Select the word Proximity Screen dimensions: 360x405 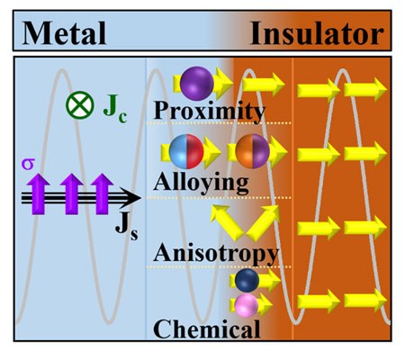pyautogui.click(x=210, y=111)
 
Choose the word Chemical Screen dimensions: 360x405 pyautogui.click(x=207, y=328)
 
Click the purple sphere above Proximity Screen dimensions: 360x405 pyautogui.click(x=195, y=83)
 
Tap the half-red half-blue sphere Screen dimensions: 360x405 pyautogui.click(x=183, y=152)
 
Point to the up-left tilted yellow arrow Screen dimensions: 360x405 pyautogui.click(x=225, y=219)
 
